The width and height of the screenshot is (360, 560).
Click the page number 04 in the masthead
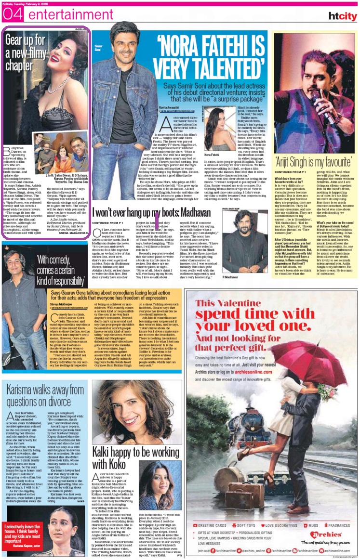tap(12, 15)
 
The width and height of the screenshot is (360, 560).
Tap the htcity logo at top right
tap(342, 16)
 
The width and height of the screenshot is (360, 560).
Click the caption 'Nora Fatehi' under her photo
tap(213, 155)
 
